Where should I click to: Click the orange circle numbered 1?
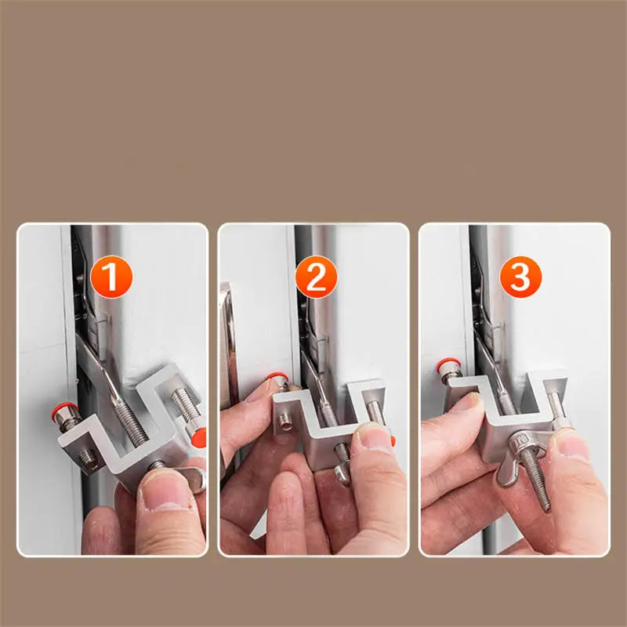click(112, 278)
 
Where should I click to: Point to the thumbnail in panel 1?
click(164, 498)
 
